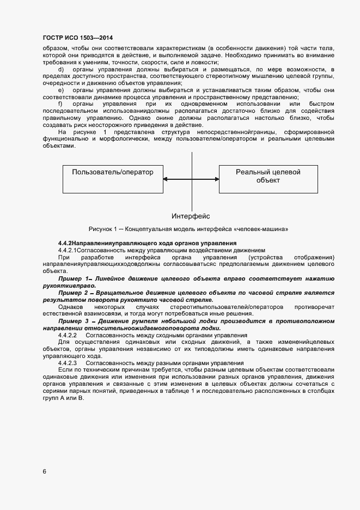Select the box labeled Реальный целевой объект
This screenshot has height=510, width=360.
tap(268, 177)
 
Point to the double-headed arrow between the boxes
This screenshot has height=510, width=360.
tap(191, 180)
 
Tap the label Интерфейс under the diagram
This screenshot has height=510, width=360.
tap(191, 216)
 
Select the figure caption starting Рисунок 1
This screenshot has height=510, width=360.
tap(188, 229)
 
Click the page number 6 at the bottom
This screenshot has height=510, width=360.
tap(44, 471)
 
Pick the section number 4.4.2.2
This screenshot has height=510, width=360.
tap(67, 336)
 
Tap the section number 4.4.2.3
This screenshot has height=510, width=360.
tap(67, 363)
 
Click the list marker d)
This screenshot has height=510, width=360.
tap(60, 70)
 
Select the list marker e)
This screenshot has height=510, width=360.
tap(60, 90)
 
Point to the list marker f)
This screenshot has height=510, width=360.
tap(60, 104)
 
